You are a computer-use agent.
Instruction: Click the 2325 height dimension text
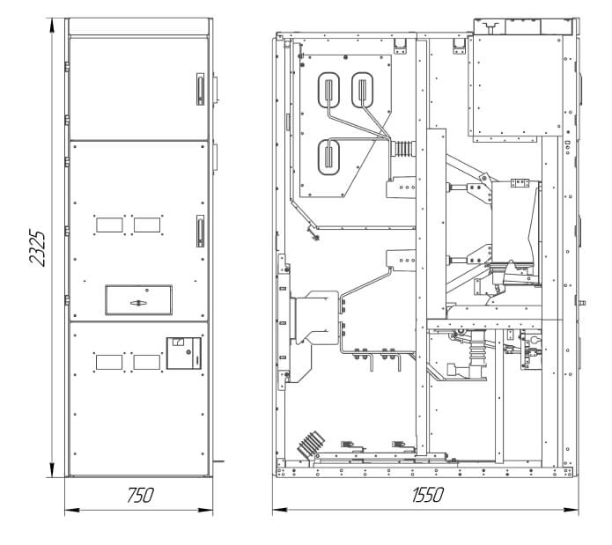tap(38, 248)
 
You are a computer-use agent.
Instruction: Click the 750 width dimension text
tap(140, 495)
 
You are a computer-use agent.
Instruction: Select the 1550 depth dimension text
tap(428, 495)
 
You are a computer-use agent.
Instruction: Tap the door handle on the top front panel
tap(200, 89)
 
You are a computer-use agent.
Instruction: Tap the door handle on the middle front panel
tap(200, 231)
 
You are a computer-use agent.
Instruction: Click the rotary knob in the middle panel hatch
tap(138, 303)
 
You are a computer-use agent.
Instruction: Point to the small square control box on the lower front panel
tap(184, 353)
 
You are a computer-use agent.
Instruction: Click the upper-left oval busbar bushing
tap(328, 90)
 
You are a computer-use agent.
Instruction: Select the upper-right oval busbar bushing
tap(363, 90)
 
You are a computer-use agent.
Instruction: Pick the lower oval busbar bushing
tap(328, 157)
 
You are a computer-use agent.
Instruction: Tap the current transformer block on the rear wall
tap(317, 318)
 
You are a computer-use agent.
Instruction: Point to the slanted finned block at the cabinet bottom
tap(311, 445)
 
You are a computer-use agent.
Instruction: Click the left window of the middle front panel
tap(109, 225)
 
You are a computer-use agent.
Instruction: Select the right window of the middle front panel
tap(147, 225)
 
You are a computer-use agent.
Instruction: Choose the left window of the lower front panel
tap(109, 362)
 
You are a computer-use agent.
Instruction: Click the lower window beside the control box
tap(147, 362)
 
